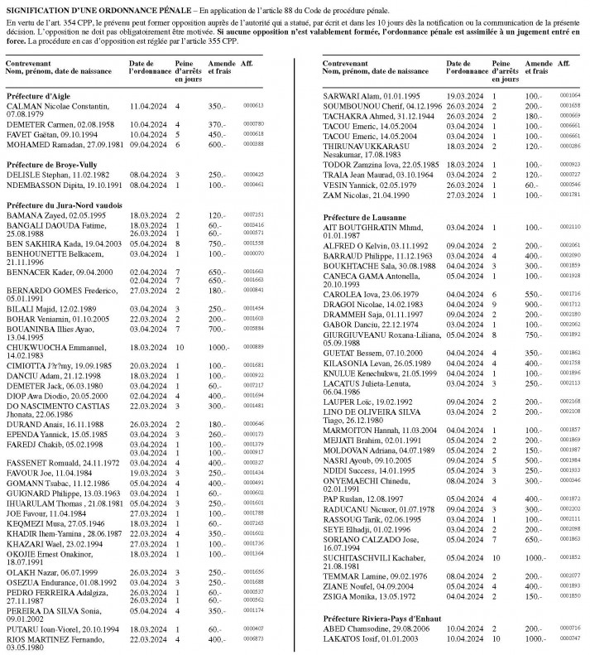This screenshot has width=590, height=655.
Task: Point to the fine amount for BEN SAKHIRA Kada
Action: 218,243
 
